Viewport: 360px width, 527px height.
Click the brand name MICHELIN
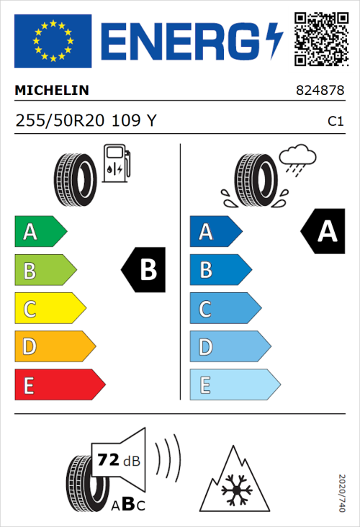point(52,91)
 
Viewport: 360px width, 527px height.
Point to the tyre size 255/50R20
point(63,121)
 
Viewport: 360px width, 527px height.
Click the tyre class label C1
point(335,122)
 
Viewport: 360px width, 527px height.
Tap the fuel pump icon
point(116,164)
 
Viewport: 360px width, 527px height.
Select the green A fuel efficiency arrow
point(40,232)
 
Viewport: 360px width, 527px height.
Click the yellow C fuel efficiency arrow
point(50,309)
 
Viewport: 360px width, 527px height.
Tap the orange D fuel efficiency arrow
point(55,347)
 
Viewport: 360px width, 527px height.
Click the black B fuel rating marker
point(143,270)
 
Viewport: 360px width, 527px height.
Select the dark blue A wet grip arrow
point(215,232)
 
